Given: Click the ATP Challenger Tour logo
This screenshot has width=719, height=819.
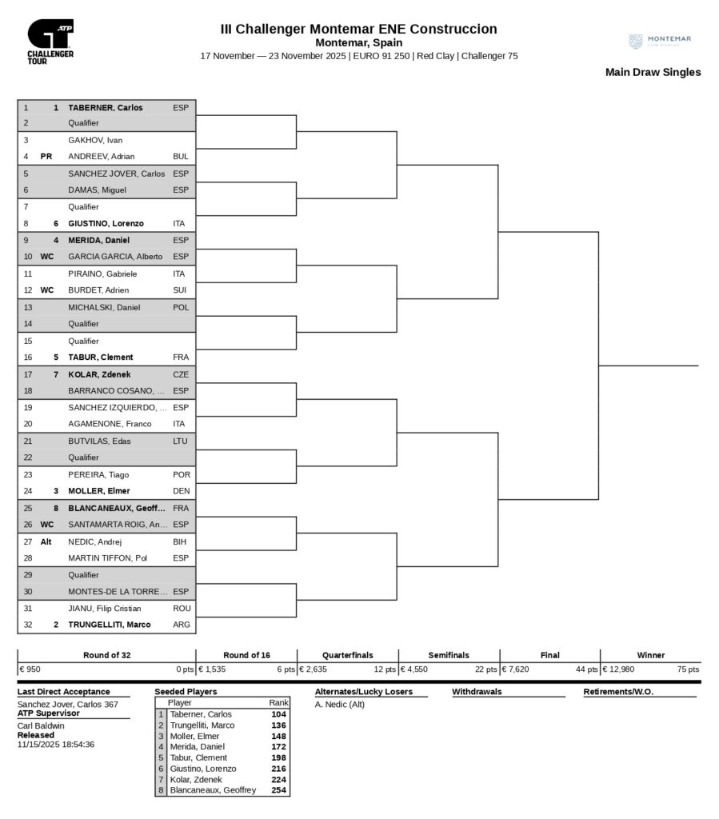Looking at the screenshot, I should coord(50,42).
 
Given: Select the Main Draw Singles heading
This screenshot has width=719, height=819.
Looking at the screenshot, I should coord(653,72).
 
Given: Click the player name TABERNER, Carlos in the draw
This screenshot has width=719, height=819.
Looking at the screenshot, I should coord(106,107).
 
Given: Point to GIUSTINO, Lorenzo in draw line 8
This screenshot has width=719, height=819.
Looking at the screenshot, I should coord(106,224).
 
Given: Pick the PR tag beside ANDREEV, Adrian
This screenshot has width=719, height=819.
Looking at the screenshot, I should coord(46,157).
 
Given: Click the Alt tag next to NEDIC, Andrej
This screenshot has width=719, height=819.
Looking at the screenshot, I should coord(46,541).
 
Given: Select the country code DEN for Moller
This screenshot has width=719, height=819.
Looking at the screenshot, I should coord(181,491).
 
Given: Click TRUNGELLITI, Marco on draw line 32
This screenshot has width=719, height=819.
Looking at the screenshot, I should coord(110,625).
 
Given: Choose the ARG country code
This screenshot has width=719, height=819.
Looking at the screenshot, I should coord(182,625).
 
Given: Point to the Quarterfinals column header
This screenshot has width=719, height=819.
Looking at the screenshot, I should coord(347,655).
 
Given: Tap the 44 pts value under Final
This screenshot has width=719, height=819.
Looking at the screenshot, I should coord(585,669).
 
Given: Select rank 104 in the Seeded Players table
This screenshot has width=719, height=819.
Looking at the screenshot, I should coord(278,714).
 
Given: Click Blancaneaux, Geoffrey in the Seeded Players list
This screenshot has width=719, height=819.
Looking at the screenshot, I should coord(213,790).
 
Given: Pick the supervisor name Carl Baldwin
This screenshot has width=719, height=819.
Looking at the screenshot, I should coord(41,725).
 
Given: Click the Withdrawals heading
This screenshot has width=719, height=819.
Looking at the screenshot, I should coord(477,692).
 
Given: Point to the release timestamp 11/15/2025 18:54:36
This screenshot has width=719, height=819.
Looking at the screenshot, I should coord(56,744).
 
